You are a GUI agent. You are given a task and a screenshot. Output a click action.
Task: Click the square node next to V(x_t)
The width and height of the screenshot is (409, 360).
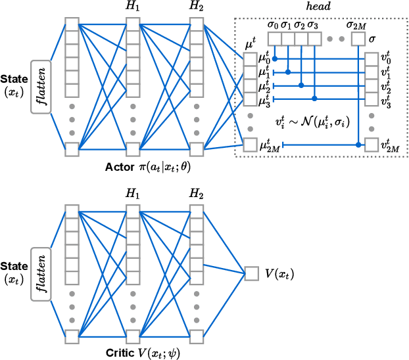tap(250, 272)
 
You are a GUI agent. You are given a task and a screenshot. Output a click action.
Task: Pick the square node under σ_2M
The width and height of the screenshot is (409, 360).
tap(358, 40)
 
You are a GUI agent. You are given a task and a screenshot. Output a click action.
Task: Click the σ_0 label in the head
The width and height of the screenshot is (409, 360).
tap(274, 26)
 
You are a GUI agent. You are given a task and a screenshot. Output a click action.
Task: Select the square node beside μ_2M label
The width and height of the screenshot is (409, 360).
tap(250, 145)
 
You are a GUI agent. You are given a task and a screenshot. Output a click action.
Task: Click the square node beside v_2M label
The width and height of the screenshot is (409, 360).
tap(372, 145)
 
